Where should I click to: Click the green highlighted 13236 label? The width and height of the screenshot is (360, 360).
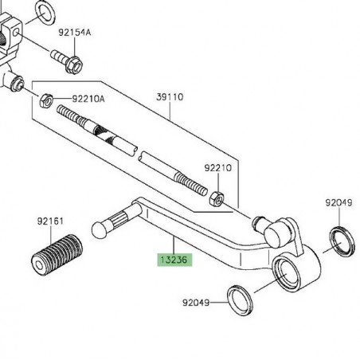[x=175, y=259]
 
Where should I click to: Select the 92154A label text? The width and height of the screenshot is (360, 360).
[x=75, y=33]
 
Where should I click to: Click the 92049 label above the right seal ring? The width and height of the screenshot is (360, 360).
[x=338, y=203]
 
